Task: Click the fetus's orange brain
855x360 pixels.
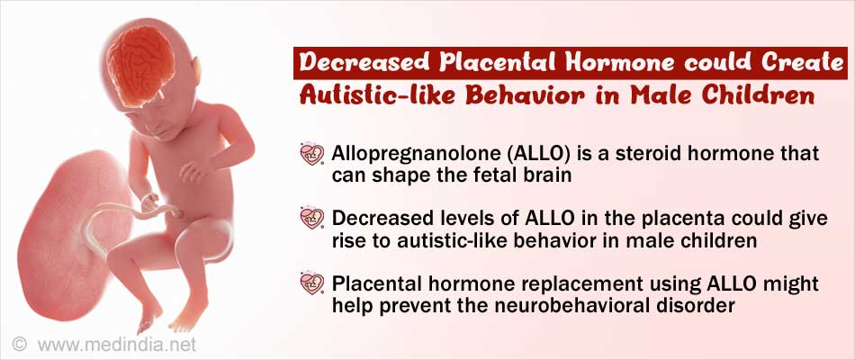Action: pos(140,65)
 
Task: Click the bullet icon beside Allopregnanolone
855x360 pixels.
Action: pos(312,155)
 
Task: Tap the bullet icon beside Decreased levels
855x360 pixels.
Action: pos(312,219)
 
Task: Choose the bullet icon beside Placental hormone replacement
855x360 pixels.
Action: pos(312,283)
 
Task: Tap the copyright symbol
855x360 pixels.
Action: pos(20,345)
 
